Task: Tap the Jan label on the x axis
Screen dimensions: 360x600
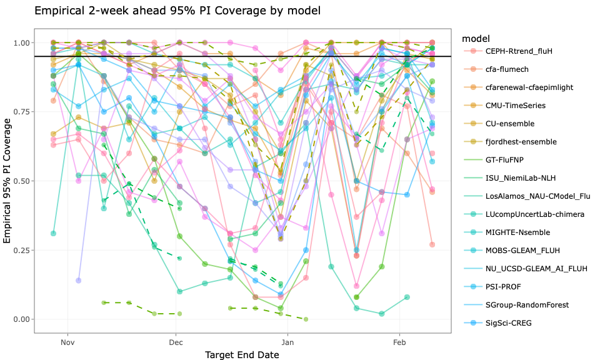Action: pyautogui.click(x=287, y=342)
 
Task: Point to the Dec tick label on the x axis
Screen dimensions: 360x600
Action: pyautogui.click(x=176, y=342)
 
